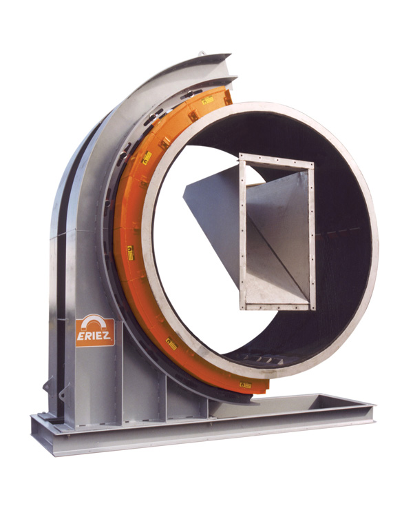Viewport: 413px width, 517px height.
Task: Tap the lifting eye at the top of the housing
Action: coord(201,52)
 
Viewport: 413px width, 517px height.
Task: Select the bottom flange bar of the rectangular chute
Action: coord(275,304)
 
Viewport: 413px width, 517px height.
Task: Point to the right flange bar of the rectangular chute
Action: coord(312,235)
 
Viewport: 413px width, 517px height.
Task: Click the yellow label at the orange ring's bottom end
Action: coord(245,385)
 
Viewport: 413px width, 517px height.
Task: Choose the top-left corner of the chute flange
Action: coord(241,156)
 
